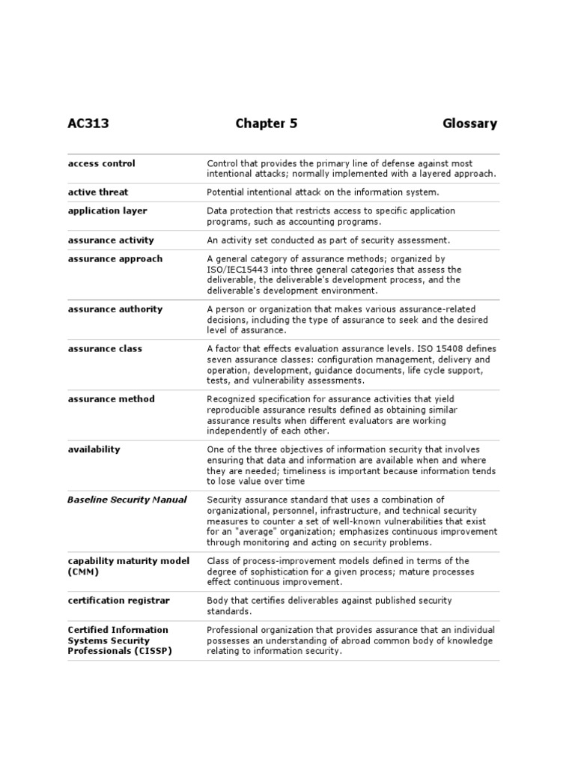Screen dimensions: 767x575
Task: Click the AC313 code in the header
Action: [88, 124]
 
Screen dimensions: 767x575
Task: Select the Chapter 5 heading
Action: [267, 124]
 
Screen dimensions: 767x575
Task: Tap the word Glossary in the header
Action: [469, 124]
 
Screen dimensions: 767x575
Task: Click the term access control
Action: [102, 163]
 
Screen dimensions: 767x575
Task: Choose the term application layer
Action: [107, 210]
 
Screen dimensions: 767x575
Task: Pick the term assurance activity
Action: [111, 240]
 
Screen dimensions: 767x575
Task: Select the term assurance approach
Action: [115, 258]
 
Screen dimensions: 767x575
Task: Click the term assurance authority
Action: [115, 309]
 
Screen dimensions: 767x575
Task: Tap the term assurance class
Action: [105, 348]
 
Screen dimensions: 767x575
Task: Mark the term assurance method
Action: [111, 398]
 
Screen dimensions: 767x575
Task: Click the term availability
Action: [94, 449]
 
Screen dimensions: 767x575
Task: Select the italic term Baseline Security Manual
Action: [127, 499]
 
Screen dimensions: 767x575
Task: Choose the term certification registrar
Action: [118, 600]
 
